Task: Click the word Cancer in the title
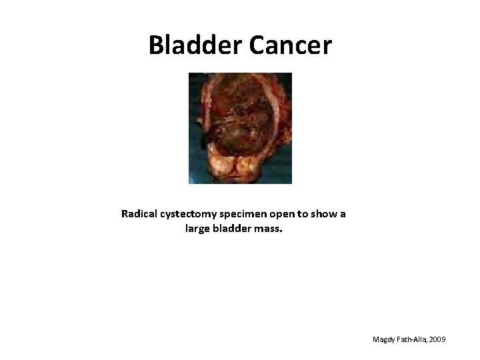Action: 291,45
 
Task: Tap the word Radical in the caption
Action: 140,215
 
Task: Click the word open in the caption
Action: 286,215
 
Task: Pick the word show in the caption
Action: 326,215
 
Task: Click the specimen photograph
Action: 240,127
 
